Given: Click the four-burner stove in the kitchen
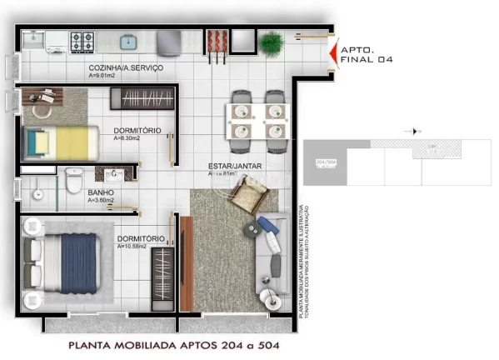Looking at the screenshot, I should click(x=81, y=40).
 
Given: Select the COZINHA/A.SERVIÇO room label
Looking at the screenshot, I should click(x=126, y=67).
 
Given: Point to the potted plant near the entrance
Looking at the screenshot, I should click(x=271, y=42).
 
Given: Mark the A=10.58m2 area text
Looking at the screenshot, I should click(x=132, y=247).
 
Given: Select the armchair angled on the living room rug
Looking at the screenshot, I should click(x=248, y=198).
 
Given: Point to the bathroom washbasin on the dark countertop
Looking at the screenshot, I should click(x=117, y=174).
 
